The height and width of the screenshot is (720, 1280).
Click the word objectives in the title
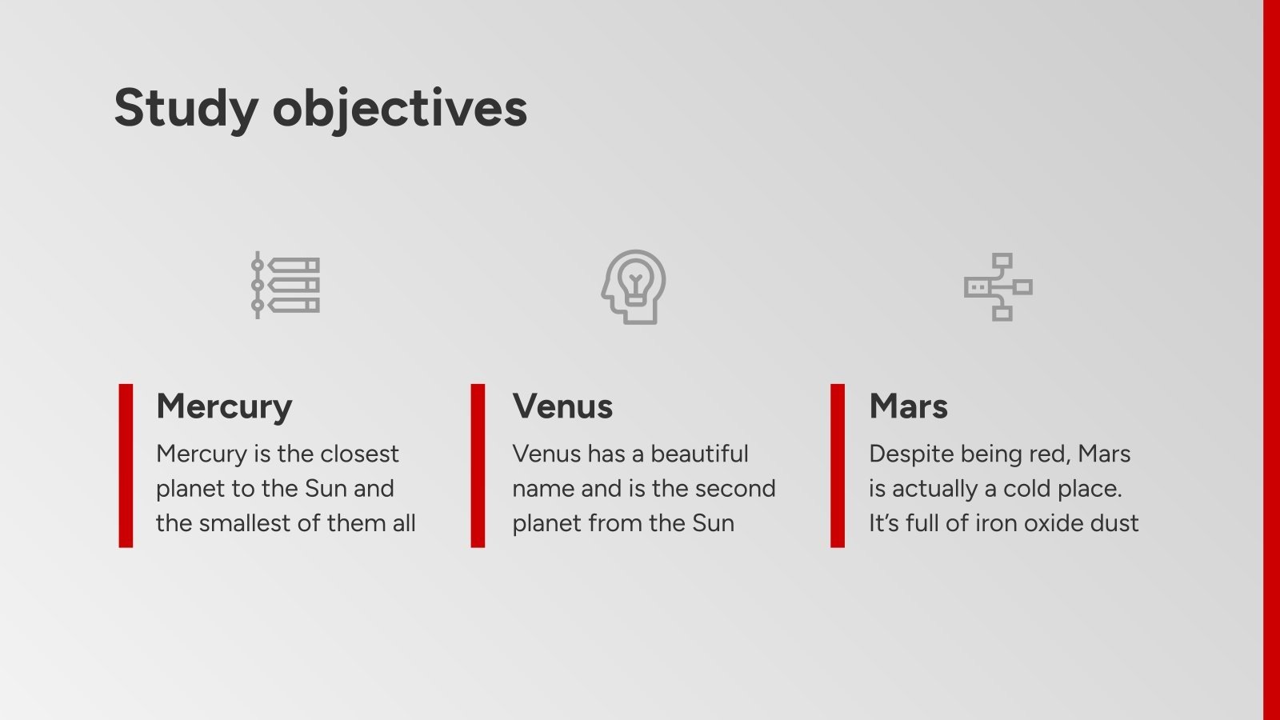click(x=400, y=108)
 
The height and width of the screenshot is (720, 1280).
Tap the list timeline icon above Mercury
click(x=286, y=286)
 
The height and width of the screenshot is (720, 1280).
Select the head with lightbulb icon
click(x=634, y=286)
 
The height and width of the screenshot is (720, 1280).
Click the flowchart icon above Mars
click(x=998, y=286)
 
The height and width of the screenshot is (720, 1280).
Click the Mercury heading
click(x=224, y=406)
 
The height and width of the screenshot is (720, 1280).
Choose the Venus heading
click(x=562, y=406)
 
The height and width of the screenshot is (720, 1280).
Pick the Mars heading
click(x=908, y=406)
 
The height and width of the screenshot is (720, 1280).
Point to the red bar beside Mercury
click(x=126, y=466)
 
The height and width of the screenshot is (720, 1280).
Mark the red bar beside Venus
click(x=478, y=466)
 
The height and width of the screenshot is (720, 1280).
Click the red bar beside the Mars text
click(x=838, y=466)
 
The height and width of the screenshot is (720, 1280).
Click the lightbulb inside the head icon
click(x=635, y=282)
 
